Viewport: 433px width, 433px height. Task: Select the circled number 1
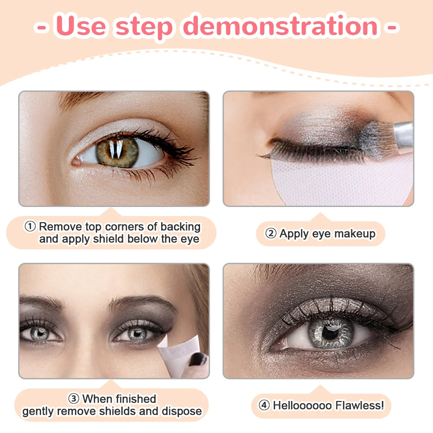[x=30, y=226]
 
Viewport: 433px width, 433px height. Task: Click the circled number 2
[x=271, y=234]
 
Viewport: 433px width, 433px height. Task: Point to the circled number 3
[x=73, y=399]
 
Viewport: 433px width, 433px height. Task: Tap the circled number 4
[x=264, y=406]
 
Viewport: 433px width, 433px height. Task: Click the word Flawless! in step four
[x=359, y=406]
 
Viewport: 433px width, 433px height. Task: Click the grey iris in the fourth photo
[x=328, y=332]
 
